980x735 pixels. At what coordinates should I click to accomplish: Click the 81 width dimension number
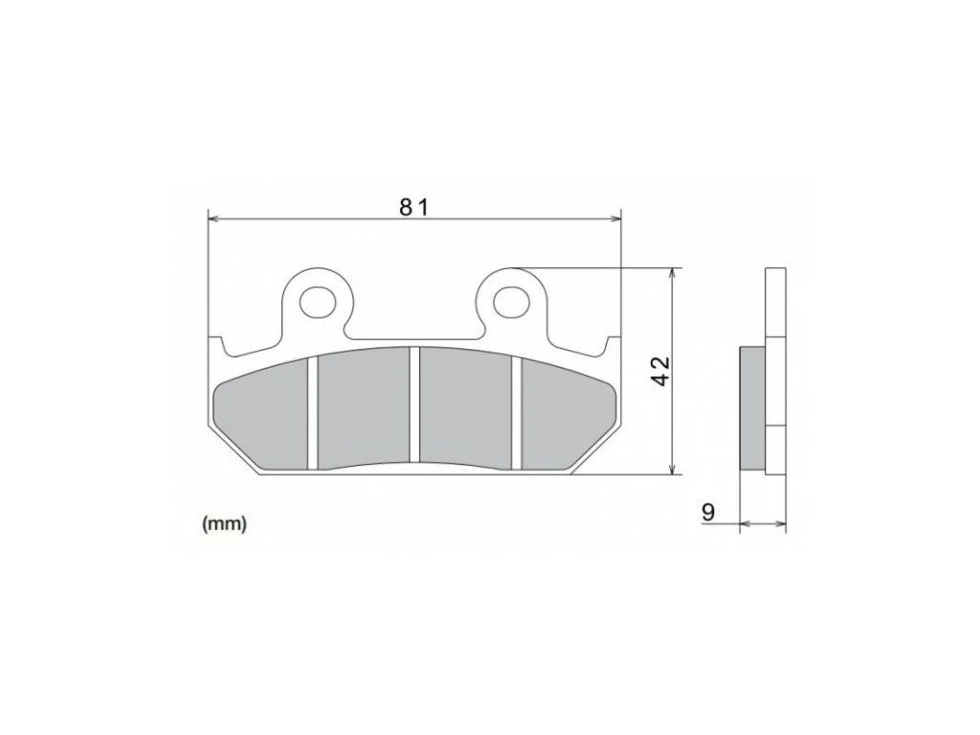[413, 207]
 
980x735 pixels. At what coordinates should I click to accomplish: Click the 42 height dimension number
[660, 371]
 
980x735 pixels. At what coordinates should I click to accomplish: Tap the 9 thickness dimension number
[708, 513]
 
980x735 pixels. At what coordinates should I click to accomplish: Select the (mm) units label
[224, 524]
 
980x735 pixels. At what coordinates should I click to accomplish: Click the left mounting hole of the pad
[318, 302]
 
